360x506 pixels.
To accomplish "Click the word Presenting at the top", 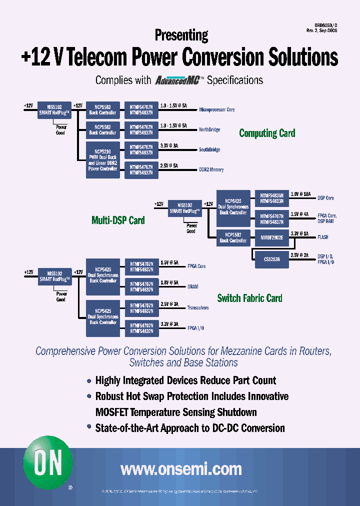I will click(181, 35).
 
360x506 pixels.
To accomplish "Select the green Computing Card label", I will click(267, 133).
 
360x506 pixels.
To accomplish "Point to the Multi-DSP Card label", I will click(118, 220).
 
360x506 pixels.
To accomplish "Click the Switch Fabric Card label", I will click(249, 298).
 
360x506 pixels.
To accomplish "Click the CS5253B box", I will click(272, 259).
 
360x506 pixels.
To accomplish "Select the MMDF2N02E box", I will click(272, 238).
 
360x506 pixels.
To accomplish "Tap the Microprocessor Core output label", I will click(216, 109).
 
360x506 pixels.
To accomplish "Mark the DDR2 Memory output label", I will click(211, 170).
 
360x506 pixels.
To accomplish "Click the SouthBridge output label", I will click(209, 149).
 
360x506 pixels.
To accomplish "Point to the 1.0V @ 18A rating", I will click(301, 193).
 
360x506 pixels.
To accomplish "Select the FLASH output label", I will click(323, 237).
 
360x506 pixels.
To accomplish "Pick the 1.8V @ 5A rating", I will click(169, 282).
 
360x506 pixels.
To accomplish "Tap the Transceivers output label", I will click(198, 307).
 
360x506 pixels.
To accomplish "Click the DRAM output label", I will click(193, 287).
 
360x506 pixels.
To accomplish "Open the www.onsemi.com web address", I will click(181, 469).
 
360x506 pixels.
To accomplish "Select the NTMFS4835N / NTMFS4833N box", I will click(272, 198).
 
